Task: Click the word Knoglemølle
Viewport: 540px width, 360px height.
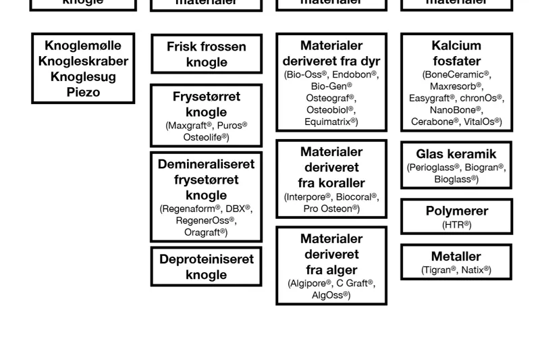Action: coord(83,46)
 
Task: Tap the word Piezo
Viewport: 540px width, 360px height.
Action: coord(83,92)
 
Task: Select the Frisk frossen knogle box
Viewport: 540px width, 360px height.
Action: coord(207,54)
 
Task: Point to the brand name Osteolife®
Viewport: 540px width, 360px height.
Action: coord(206,137)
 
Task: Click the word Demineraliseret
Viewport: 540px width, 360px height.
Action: coord(207,164)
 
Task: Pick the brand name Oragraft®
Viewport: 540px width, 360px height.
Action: coord(206,232)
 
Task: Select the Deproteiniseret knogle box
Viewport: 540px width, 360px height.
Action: coord(207,267)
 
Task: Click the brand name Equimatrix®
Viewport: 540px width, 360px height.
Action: coord(331,122)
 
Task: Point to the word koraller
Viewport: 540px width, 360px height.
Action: coord(331,183)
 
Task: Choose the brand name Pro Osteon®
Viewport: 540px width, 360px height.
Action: coord(331,209)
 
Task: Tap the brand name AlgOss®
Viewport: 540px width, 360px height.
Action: coord(331,295)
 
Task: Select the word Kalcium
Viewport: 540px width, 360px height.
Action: coord(456,46)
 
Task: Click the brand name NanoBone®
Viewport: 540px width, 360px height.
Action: coord(456,109)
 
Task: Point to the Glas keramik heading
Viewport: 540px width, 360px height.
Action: coord(456,154)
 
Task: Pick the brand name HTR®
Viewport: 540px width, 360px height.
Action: coord(456,225)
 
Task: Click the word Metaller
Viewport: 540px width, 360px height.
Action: coord(456,257)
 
